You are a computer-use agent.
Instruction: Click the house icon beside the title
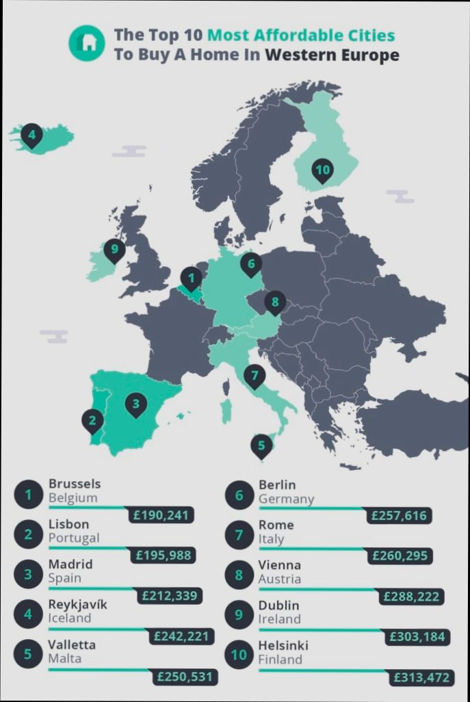pyautogui.click(x=87, y=42)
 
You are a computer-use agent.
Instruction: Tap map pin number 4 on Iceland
pyautogui.click(x=31, y=135)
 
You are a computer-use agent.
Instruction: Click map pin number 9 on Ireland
pyautogui.click(x=114, y=249)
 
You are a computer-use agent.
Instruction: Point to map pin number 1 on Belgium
pyautogui.click(x=191, y=278)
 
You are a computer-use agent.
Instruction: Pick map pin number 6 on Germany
pyautogui.click(x=251, y=263)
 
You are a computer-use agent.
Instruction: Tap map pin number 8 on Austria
pyautogui.click(x=274, y=301)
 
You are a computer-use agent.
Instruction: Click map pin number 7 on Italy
pyautogui.click(x=254, y=375)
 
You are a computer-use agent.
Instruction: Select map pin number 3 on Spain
pyautogui.click(x=136, y=404)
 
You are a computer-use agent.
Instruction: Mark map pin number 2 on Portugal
pyautogui.click(x=92, y=419)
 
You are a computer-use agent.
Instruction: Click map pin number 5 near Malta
pyautogui.click(x=261, y=445)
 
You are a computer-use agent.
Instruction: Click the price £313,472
pyautogui.click(x=421, y=677)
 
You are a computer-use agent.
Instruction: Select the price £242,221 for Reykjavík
pyautogui.click(x=181, y=636)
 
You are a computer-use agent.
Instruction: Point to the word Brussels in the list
pyautogui.click(x=75, y=484)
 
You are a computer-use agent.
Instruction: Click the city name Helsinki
pyautogui.click(x=283, y=645)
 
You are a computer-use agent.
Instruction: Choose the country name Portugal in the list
pyautogui.click(x=74, y=538)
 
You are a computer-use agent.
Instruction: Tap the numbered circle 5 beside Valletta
pyautogui.click(x=28, y=653)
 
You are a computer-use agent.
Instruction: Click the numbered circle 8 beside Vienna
pyautogui.click(x=239, y=575)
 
